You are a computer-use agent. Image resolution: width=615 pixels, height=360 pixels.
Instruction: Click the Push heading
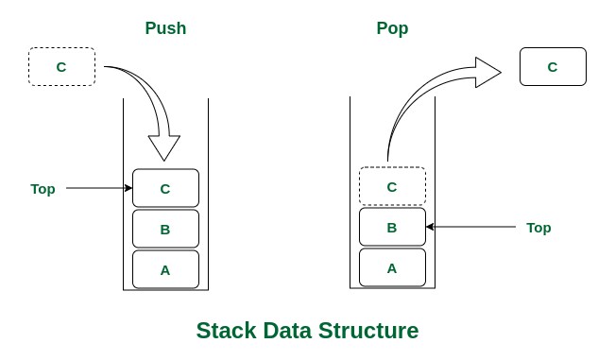(x=165, y=28)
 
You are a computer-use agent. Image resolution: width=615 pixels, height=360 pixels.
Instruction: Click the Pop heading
(x=392, y=28)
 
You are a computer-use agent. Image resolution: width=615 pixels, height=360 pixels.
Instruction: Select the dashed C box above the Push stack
(x=61, y=66)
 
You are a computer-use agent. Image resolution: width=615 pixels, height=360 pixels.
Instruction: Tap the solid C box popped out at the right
(x=553, y=67)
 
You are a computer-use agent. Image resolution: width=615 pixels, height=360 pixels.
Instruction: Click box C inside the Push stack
(x=165, y=188)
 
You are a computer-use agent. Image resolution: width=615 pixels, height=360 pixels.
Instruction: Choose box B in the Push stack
(x=165, y=229)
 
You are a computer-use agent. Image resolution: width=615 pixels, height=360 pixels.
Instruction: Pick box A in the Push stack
(x=165, y=269)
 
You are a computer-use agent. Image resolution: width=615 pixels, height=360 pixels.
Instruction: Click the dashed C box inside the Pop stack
(x=392, y=186)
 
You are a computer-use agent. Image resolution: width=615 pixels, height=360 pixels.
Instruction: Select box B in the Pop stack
(x=392, y=228)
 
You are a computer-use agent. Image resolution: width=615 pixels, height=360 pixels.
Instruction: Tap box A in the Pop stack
(x=392, y=267)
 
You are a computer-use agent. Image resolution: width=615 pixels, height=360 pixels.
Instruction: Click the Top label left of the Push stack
(x=43, y=189)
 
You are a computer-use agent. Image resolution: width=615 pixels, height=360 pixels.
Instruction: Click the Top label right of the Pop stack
(x=538, y=228)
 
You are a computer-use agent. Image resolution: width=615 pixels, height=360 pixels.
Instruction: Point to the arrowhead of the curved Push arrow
(x=164, y=147)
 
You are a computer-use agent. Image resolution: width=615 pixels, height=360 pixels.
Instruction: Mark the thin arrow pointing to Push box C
(x=99, y=188)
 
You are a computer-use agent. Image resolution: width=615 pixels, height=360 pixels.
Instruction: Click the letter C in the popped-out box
(x=553, y=67)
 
